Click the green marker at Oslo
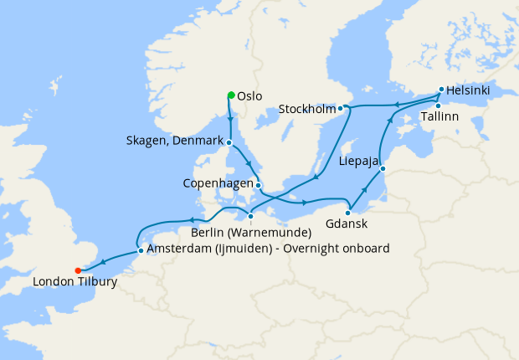[x=231, y=95]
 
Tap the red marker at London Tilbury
[x=78, y=270]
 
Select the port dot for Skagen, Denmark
[x=228, y=142]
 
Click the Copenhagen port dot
[x=259, y=186]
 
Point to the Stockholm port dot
[x=341, y=108]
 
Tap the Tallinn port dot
[x=438, y=105]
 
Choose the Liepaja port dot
[x=383, y=170]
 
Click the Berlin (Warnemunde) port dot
[x=250, y=216]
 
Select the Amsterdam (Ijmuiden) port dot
[x=140, y=249]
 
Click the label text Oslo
[x=250, y=96]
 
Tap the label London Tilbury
[x=75, y=283]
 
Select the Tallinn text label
[x=440, y=118]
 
